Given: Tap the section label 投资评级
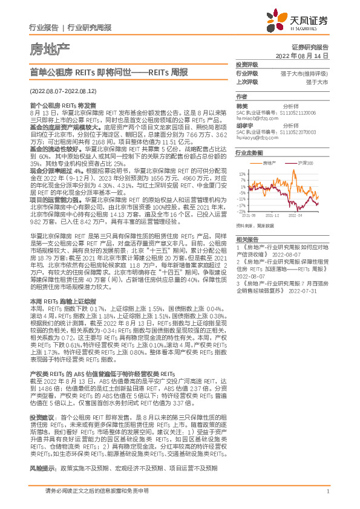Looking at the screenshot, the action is point(247,65).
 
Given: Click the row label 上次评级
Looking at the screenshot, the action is point(247,81).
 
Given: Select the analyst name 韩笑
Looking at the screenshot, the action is point(242,105).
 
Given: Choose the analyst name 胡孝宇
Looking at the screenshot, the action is point(244,125).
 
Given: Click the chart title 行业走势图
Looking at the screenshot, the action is point(249,154).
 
